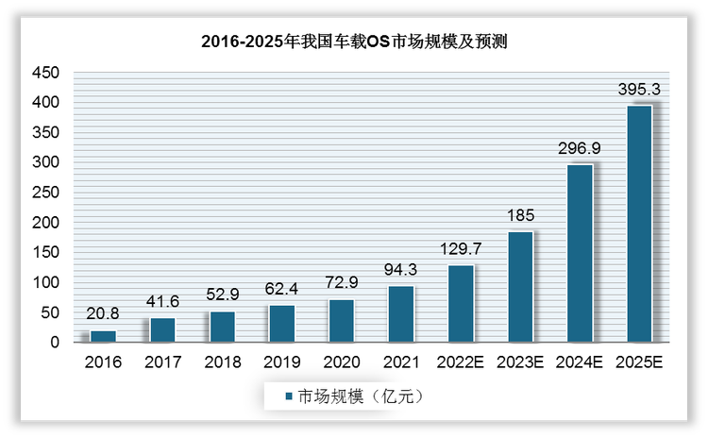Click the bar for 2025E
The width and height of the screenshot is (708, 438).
coord(639,224)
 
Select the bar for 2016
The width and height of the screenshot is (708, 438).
coord(102,336)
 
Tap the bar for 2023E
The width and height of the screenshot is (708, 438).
coord(520,287)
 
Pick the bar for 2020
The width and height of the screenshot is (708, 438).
coord(341,321)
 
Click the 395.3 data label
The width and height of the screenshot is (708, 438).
coord(639,89)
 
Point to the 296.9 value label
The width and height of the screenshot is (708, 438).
coord(580,148)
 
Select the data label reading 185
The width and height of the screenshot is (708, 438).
coord(520,215)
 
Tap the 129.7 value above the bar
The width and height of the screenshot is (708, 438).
coord(461,249)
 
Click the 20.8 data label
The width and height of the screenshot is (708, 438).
coord(102,314)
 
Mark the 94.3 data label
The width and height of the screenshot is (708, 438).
coord(400,270)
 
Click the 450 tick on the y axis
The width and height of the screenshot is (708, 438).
coord(47,73)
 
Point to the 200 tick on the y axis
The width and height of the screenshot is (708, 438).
coord(47,223)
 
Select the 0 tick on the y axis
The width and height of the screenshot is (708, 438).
coord(55,343)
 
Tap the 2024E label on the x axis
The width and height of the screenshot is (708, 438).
coord(580,362)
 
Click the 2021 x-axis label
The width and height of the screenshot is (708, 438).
coord(400,362)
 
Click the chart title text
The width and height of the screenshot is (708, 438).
coord(355,42)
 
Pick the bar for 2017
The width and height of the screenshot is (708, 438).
coord(161,330)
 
